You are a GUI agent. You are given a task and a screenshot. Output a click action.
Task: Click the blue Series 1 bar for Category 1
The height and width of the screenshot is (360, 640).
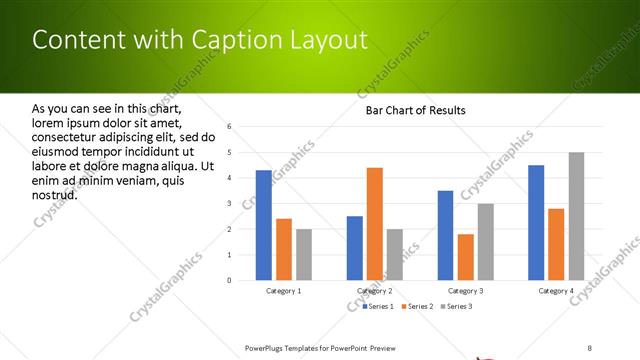pyautogui.click(x=264, y=225)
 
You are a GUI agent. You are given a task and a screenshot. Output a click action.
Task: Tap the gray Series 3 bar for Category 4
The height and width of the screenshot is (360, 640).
pyautogui.click(x=577, y=216)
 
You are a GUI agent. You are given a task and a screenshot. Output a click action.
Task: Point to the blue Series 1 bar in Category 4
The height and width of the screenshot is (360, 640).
pyautogui.click(x=536, y=222)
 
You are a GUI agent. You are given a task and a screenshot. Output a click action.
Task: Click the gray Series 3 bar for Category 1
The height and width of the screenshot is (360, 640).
pyautogui.click(x=304, y=255)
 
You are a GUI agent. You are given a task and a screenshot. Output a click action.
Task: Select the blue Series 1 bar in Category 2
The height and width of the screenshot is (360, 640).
pyautogui.click(x=355, y=248)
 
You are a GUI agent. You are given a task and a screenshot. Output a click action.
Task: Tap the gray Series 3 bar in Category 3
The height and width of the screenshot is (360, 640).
pyautogui.click(x=485, y=242)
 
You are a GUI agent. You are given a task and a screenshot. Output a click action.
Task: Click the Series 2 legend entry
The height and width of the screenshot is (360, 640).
pyautogui.click(x=418, y=305)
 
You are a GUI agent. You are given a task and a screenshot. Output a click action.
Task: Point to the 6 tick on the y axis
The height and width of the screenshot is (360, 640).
pyautogui.click(x=230, y=127)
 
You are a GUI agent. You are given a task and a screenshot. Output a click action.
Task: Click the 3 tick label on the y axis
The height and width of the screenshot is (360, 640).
pyautogui.click(x=230, y=204)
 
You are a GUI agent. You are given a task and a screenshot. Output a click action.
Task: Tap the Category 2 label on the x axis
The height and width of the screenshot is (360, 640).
pyautogui.click(x=375, y=290)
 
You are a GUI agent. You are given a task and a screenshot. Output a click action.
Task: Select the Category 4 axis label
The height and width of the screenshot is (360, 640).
pyautogui.click(x=556, y=290)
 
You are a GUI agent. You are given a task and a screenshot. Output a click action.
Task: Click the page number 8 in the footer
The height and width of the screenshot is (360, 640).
pyautogui.click(x=590, y=347)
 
